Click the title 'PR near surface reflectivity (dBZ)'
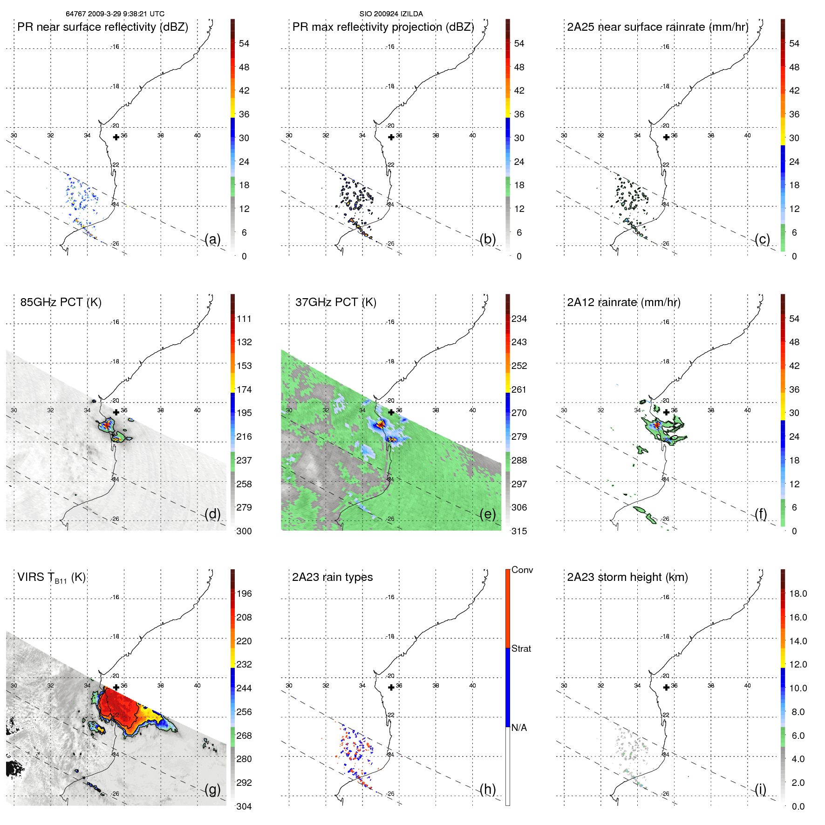point(102,27)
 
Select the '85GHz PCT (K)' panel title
point(61,302)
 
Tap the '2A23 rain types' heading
point(332,577)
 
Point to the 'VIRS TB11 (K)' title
point(51,578)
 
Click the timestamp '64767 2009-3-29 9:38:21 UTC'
point(115,14)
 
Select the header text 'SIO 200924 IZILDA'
point(391,14)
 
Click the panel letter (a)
point(212,239)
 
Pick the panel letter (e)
point(488,514)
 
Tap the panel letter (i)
point(760,789)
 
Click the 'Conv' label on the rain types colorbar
point(522,570)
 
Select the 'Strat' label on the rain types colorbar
point(521,649)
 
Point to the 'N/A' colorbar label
point(519,728)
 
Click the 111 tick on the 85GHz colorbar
point(244,319)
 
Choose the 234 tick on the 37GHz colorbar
point(519,319)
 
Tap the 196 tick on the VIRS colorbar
point(244,594)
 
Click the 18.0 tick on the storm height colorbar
point(798,594)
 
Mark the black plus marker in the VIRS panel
point(116,687)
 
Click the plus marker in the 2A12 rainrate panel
point(666,412)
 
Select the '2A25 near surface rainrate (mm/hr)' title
point(658,27)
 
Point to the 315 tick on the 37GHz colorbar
point(519,531)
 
